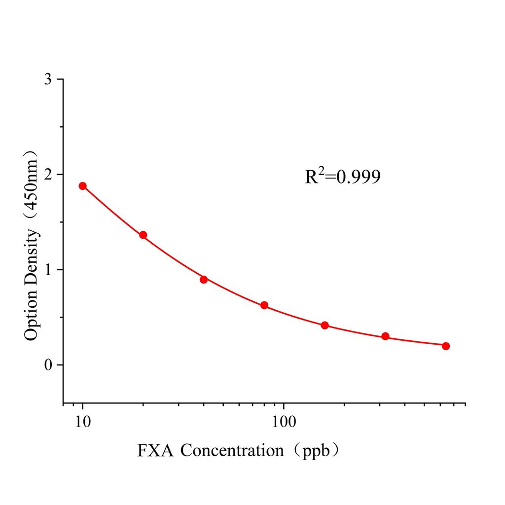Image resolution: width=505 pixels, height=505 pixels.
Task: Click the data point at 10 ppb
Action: click(82, 186)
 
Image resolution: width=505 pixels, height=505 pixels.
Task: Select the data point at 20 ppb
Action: click(143, 235)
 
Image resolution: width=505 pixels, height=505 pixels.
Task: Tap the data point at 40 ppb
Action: click(204, 279)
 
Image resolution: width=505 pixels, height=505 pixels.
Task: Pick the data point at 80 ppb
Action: click(264, 305)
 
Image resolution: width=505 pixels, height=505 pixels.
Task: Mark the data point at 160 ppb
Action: click(325, 325)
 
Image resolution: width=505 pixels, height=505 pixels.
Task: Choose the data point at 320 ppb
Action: click(386, 336)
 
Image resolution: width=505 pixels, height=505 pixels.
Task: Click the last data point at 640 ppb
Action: click(446, 346)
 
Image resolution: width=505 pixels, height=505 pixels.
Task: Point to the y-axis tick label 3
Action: click(48, 79)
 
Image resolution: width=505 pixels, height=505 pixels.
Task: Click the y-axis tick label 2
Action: click(48, 175)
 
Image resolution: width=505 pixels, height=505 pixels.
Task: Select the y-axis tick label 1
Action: click(48, 270)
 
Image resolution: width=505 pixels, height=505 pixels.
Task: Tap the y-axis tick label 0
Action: click(48, 365)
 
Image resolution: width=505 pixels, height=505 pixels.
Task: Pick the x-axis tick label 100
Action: click(284, 422)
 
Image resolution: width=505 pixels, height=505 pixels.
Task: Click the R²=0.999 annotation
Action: click(342, 177)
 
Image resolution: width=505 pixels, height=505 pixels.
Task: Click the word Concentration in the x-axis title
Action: click(232, 450)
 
